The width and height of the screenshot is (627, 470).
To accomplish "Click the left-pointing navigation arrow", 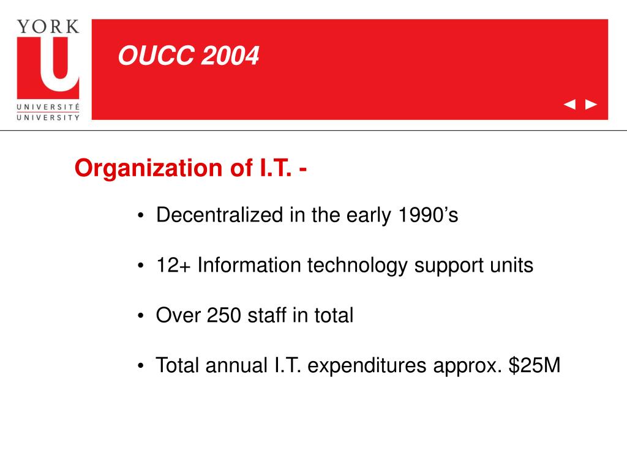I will [569, 105].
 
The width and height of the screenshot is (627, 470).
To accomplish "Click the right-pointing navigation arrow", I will [591, 105].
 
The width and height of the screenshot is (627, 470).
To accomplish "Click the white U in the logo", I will [48, 64].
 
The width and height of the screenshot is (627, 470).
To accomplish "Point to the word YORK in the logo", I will [48, 26].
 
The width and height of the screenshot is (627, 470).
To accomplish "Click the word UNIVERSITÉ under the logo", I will [48, 106].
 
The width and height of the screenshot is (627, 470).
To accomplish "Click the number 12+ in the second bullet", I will [173, 266].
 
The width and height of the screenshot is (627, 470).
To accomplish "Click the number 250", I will [225, 316].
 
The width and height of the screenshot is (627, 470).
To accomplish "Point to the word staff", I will [268, 316].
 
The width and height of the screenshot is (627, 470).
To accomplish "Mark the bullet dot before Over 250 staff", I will [141, 316].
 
